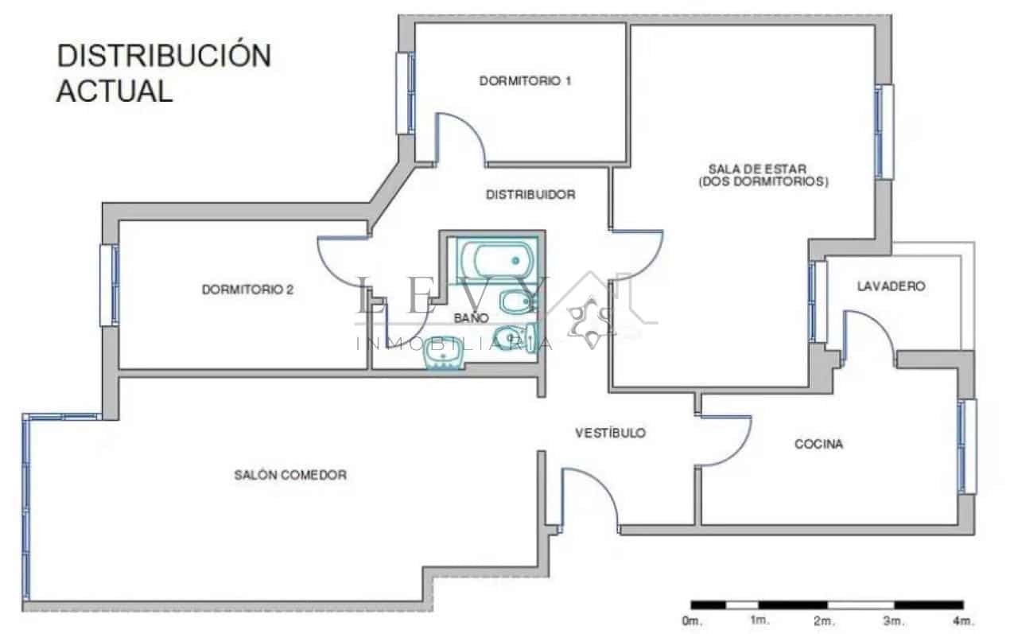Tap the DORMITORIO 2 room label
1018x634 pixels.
[247, 290]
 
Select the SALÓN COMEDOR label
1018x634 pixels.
[290, 475]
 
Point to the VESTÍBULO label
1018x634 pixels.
[610, 434]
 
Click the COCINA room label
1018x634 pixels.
[818, 444]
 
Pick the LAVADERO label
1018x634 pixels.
[891, 286]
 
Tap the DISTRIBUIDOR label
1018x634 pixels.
[530, 194]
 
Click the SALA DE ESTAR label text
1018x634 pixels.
[757, 169]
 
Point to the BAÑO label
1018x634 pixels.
[472, 317]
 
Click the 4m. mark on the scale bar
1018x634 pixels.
[963, 620]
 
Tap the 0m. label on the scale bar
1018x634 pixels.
[690, 620]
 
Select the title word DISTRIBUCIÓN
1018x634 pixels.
[164, 56]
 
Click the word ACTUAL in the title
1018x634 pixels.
[115, 91]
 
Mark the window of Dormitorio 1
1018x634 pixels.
[406, 93]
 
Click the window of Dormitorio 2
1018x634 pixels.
[110, 285]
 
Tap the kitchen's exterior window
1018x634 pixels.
[967, 446]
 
